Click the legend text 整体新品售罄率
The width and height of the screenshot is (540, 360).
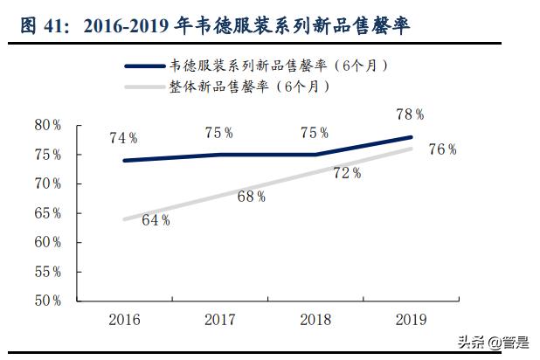click(218, 86)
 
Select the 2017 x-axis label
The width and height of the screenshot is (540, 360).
click(219, 320)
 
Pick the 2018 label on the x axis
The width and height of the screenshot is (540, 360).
click(316, 320)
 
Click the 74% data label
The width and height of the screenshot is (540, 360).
click(123, 138)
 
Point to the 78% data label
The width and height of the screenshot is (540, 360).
click(410, 114)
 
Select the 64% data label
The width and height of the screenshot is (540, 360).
click(156, 220)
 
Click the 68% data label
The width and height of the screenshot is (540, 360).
click(251, 197)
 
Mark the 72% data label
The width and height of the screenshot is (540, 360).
click(347, 173)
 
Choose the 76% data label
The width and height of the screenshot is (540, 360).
click(443, 149)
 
